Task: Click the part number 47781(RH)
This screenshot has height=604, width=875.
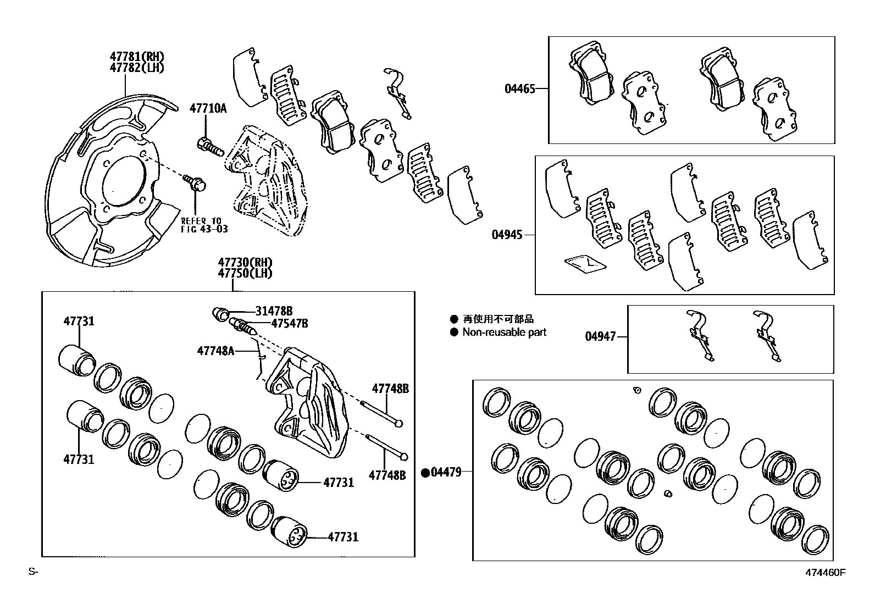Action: (x=137, y=57)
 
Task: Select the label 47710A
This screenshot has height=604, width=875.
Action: (x=208, y=108)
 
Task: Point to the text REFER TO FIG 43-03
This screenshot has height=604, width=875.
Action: (x=204, y=225)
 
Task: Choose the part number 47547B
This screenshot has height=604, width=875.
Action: (x=289, y=324)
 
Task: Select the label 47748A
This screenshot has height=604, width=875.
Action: (x=215, y=350)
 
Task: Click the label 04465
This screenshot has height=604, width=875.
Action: (x=520, y=88)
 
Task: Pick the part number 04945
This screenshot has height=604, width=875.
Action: (x=507, y=235)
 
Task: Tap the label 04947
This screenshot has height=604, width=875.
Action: (x=600, y=336)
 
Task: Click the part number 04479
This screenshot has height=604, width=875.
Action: (x=447, y=472)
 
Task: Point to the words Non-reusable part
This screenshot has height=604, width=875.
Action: (x=504, y=332)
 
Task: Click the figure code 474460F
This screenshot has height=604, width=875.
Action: (x=826, y=572)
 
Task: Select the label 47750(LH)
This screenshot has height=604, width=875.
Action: (x=245, y=273)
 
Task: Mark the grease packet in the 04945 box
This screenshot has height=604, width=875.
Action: (x=585, y=264)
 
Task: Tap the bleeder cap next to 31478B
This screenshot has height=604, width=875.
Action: (x=221, y=314)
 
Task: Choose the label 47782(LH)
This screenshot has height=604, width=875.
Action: (x=137, y=68)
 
